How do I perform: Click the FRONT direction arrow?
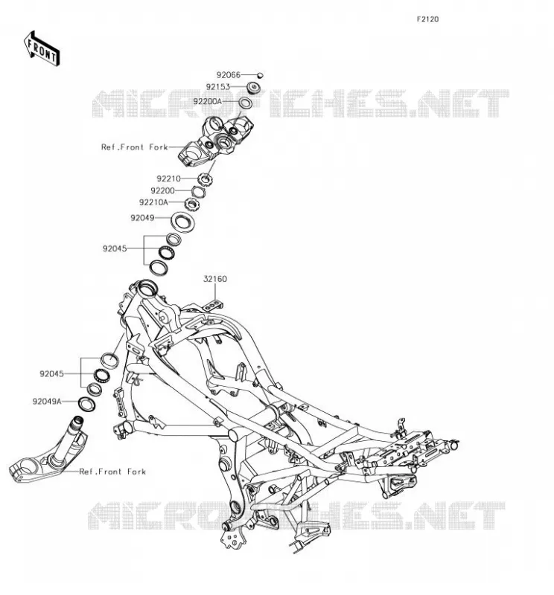pos(42,49)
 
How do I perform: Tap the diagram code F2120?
pos(427,19)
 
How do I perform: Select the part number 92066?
pos(229,75)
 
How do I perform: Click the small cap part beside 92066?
pos(261,75)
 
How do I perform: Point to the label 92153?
pos(218,87)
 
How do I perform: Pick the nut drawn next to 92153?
pos(253,88)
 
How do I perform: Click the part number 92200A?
pos(208,102)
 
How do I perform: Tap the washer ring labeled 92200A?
pos(246,103)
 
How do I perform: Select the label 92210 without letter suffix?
pos(169,178)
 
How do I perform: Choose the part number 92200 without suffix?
pos(162,191)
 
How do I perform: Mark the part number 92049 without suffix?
pos(142,218)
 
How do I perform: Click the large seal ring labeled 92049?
pos(182,222)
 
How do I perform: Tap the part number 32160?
pos(215,279)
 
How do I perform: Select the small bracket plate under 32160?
pos(213,305)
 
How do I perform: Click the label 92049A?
pos(47,401)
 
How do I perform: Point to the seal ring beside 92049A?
pos(86,404)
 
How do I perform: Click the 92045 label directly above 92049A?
pos(51,374)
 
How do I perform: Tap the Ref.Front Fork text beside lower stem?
pos(112,472)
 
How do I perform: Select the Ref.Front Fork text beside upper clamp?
pos(135,147)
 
